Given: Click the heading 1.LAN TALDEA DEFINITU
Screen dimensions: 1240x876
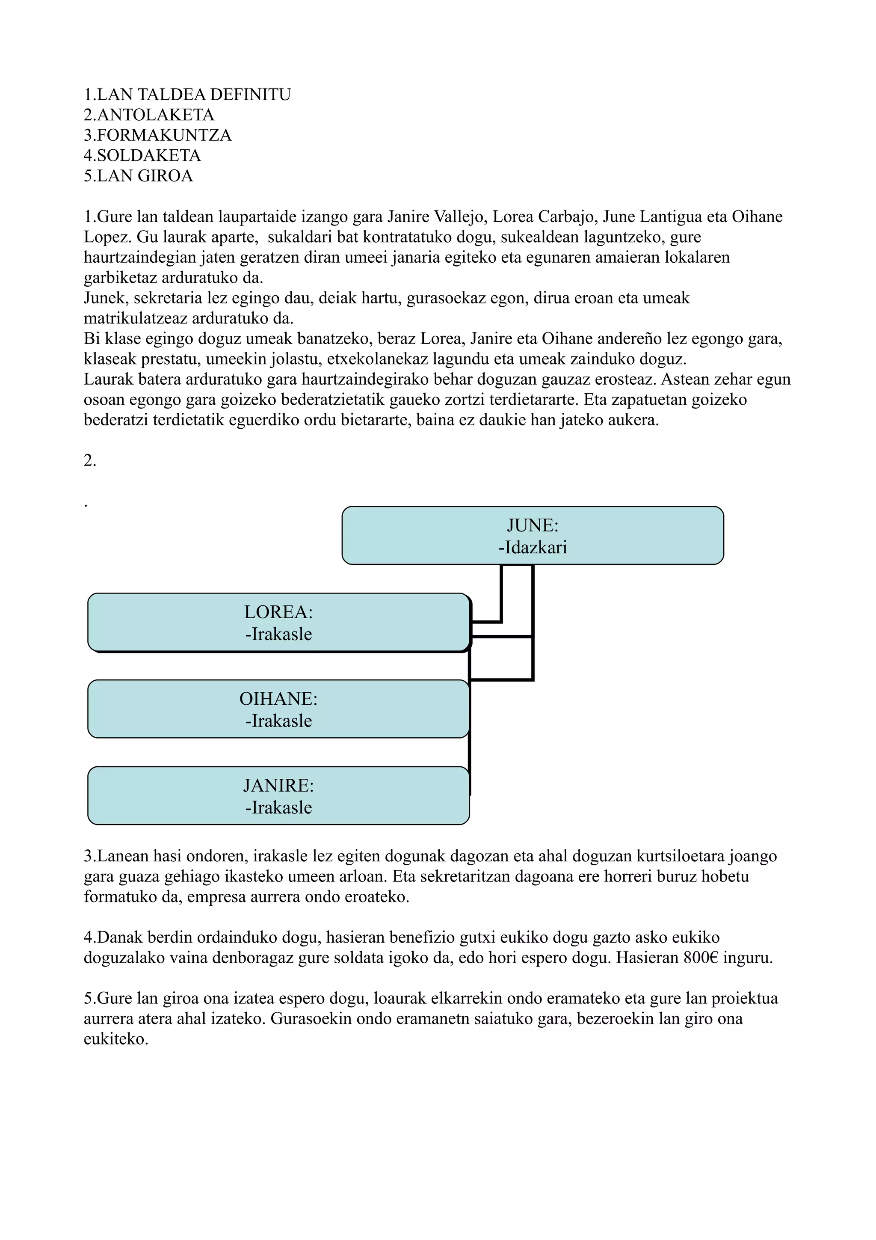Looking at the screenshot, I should (187, 95).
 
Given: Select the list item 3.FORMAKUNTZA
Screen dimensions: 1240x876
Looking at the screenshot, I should (157, 135).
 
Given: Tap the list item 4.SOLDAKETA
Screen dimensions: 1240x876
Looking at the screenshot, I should (142, 156).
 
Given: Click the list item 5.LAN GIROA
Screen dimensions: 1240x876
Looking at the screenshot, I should (138, 176).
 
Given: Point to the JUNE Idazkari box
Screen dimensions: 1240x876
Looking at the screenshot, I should (532, 536).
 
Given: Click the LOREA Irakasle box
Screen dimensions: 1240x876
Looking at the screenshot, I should (278, 623).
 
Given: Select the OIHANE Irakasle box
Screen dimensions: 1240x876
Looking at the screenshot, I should (278, 709).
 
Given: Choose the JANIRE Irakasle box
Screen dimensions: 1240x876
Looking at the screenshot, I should (278, 796).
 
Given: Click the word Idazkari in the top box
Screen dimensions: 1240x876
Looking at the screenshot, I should (533, 548).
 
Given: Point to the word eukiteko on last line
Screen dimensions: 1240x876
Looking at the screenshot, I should (115, 1040).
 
